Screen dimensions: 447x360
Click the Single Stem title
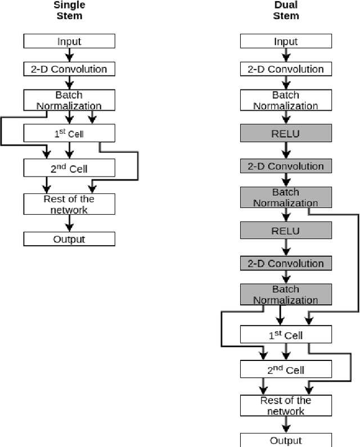69,10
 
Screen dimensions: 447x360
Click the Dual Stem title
286,10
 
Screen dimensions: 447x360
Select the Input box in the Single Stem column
69,41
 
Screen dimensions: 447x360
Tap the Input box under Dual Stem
286,41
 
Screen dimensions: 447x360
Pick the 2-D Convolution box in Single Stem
69,69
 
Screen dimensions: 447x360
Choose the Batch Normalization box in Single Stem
69,100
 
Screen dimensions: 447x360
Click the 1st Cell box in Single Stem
69,133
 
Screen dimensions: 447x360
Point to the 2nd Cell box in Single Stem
69,167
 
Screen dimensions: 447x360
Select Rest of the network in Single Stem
69,204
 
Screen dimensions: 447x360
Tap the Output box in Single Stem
69,239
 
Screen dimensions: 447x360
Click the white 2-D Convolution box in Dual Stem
286,69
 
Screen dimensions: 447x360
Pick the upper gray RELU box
286,133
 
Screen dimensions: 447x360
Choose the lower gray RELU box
286,231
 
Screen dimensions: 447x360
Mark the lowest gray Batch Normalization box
286,295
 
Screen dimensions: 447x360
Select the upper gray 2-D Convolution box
286,166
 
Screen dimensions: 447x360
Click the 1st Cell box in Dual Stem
286,335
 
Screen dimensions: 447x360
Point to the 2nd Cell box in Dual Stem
286,369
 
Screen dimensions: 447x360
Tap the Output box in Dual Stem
286,440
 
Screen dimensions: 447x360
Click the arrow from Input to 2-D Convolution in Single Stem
69,55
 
